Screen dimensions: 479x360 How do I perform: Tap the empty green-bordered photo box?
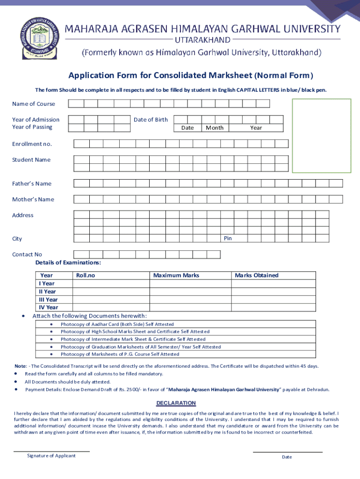321,136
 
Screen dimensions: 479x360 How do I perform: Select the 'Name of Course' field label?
33,104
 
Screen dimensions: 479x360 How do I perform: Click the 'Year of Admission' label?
36,120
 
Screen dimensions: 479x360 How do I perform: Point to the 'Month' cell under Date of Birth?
215,128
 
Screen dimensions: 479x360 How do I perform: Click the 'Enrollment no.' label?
32,144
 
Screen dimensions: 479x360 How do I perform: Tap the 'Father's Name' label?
32,183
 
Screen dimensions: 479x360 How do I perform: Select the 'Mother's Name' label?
33,199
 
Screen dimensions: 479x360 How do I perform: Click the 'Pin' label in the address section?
228,239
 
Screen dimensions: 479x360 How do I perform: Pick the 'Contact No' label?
27,254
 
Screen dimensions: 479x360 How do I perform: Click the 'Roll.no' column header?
86,276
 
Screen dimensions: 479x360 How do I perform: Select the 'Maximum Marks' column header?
176,276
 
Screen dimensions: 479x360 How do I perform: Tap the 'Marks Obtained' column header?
256,276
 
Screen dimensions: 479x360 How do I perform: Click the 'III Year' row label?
48,299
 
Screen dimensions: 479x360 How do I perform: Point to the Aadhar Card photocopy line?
117,324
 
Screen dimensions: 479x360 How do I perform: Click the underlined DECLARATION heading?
176,403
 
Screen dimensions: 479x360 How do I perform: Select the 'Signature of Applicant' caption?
51,456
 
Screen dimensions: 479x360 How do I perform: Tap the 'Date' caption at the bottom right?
287,457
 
